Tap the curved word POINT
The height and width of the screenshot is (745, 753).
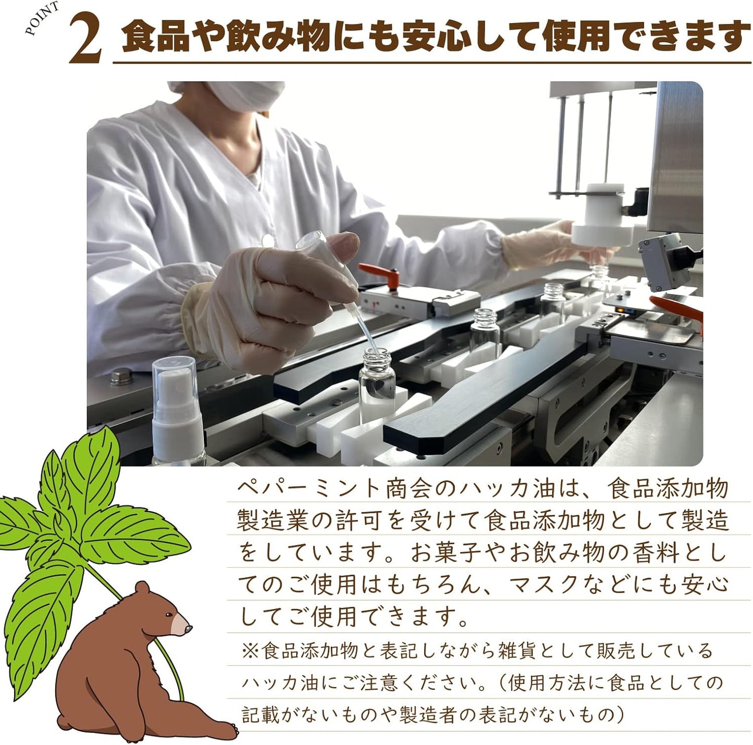42,18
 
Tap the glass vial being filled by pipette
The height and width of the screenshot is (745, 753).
377,386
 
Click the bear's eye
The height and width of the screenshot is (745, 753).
169,615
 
